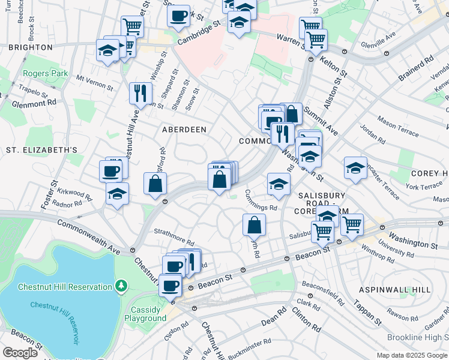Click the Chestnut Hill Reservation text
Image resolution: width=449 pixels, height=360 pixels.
[x=65, y=287]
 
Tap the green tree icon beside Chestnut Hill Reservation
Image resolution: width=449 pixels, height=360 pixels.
[x=121, y=284]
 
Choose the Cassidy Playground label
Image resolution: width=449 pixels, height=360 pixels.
[x=145, y=314]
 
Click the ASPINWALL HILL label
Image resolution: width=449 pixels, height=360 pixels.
[x=394, y=289]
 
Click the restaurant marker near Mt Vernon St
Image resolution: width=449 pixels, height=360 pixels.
[x=139, y=92]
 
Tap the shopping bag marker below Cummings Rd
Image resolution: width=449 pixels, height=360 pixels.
[x=255, y=225]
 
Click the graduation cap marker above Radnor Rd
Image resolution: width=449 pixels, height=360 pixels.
[x=117, y=193]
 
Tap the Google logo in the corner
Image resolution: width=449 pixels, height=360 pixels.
[x=20, y=353]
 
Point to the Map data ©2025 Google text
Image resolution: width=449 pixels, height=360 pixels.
[x=411, y=355]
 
